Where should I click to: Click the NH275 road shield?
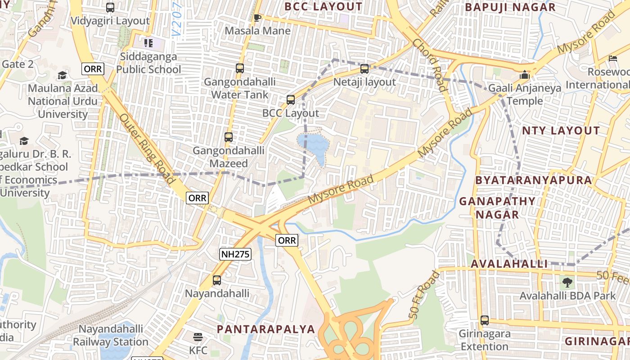tap(235, 254)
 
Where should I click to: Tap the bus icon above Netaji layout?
tap(364, 69)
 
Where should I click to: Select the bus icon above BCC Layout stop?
tap(291, 100)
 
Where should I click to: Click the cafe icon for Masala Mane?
tap(257, 18)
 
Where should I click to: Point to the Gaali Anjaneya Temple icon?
tap(525, 74)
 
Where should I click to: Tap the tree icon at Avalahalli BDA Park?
tap(567, 283)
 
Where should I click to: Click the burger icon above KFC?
tap(198, 337)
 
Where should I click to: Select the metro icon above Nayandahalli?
tap(217, 280)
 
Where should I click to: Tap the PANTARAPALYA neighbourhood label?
tap(265, 329)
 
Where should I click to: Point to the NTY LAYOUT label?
tap(561, 131)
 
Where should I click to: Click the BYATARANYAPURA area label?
tap(534, 180)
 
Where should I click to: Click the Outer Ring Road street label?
tap(148, 148)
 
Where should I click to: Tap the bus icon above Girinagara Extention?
tap(484, 320)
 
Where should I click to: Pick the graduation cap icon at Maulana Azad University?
tap(62, 75)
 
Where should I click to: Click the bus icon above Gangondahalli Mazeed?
tap(229, 137)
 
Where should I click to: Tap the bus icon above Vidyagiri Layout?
tap(110, 8)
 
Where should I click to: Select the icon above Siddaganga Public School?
tap(148, 43)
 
